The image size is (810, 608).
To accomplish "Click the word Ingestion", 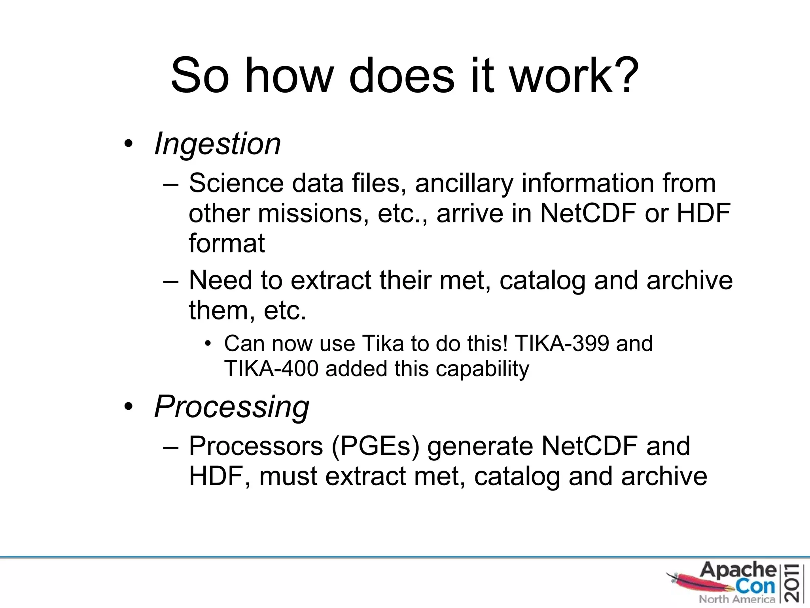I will pyautogui.click(x=218, y=144).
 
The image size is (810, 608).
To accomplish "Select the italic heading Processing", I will pyautogui.click(x=232, y=407).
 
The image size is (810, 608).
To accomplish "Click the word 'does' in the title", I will pyautogui.click(x=402, y=75).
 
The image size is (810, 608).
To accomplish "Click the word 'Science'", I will pyautogui.click(x=236, y=183).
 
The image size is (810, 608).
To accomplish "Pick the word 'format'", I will pyautogui.click(x=227, y=243).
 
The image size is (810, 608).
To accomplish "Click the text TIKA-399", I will pyautogui.click(x=562, y=343).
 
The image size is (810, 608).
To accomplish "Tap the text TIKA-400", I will pyautogui.click(x=271, y=369).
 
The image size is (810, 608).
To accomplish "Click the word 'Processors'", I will pyautogui.click(x=256, y=446).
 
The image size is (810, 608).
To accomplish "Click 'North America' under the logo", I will pyautogui.click(x=737, y=599).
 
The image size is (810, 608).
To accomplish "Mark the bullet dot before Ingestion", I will pyautogui.click(x=127, y=144).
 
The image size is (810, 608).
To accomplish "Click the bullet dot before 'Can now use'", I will pyautogui.click(x=208, y=344).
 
